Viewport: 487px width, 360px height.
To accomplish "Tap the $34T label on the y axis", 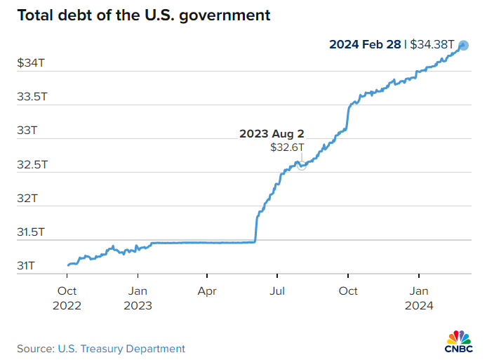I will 31,62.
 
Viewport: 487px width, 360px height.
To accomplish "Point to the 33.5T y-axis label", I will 32,97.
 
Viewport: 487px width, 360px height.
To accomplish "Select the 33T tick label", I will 26,131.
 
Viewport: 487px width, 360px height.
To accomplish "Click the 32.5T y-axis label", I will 32,165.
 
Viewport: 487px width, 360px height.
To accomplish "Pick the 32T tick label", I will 26,199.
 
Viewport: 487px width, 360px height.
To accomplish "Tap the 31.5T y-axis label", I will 32,232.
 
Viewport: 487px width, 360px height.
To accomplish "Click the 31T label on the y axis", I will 26,266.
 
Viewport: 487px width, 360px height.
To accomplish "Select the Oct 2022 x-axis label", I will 67,298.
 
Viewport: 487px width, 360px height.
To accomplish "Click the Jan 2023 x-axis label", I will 138,298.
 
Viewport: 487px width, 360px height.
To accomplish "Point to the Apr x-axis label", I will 207,291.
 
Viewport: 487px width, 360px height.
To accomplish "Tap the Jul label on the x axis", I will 278,291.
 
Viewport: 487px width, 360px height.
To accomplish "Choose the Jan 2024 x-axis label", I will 419,298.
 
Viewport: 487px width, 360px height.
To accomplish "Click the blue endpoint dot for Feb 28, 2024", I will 464,46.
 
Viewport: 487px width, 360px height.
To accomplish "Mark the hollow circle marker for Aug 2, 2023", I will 302,166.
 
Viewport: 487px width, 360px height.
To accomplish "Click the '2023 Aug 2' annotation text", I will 272,133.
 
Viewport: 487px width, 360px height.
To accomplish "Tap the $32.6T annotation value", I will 288,147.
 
